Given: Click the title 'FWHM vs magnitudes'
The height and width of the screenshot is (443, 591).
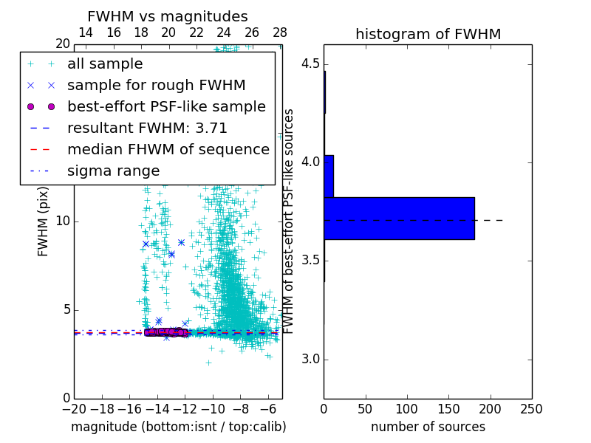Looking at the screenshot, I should [x=167, y=16].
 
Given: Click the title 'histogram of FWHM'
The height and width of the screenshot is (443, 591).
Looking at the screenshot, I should [x=428, y=34].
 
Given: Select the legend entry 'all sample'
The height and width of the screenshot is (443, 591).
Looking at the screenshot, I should [x=105, y=64].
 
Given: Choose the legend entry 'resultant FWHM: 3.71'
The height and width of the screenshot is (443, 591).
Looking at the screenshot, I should [x=147, y=128].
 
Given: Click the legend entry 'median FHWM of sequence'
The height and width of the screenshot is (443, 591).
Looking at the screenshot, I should [x=168, y=149].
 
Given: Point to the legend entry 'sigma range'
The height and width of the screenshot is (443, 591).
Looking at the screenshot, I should [x=113, y=171].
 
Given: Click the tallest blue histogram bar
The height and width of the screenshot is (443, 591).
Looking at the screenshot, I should [x=399, y=219].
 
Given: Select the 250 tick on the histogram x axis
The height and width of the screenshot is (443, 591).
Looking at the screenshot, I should [x=531, y=409].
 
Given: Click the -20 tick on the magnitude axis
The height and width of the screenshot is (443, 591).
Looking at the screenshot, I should [x=74, y=409].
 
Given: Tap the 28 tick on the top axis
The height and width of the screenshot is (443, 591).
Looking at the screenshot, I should [x=280, y=32].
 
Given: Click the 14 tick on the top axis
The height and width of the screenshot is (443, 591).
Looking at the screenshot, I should [x=86, y=32].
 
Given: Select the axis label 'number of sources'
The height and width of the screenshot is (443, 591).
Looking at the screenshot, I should [x=428, y=427].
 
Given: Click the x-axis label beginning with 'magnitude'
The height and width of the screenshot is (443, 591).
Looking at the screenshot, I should [x=178, y=427].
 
